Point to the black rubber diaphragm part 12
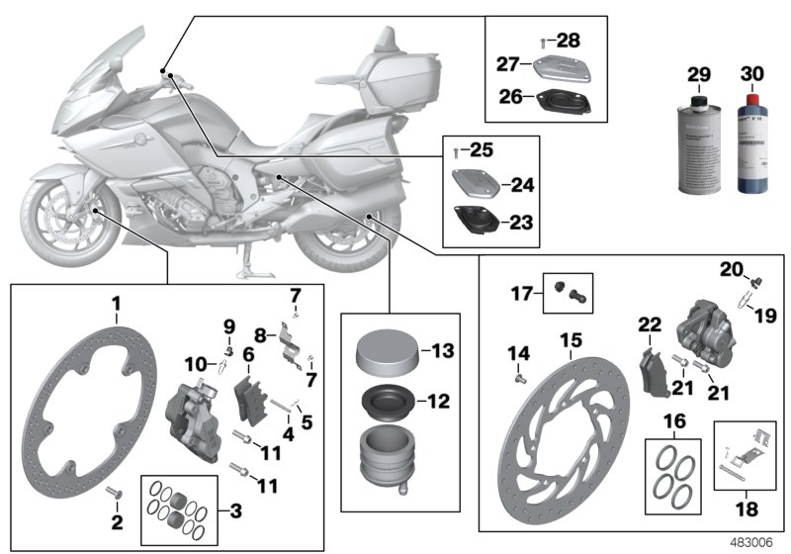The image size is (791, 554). [380, 403]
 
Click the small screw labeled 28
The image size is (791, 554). [543, 43]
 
